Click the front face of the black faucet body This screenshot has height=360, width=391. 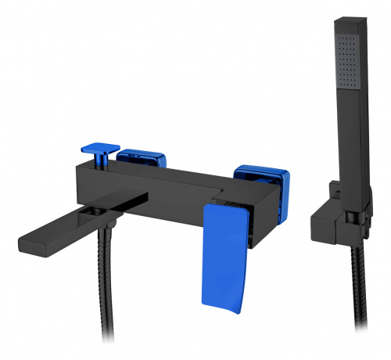[156, 196]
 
